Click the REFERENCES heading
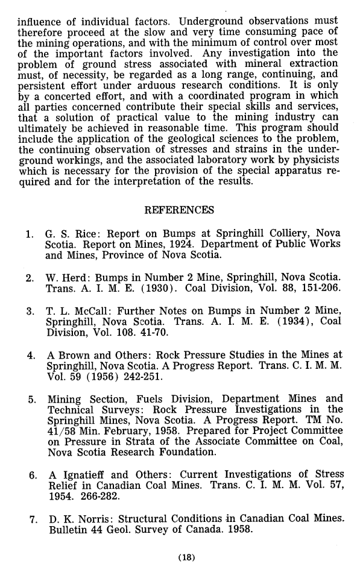(x=180, y=210)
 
